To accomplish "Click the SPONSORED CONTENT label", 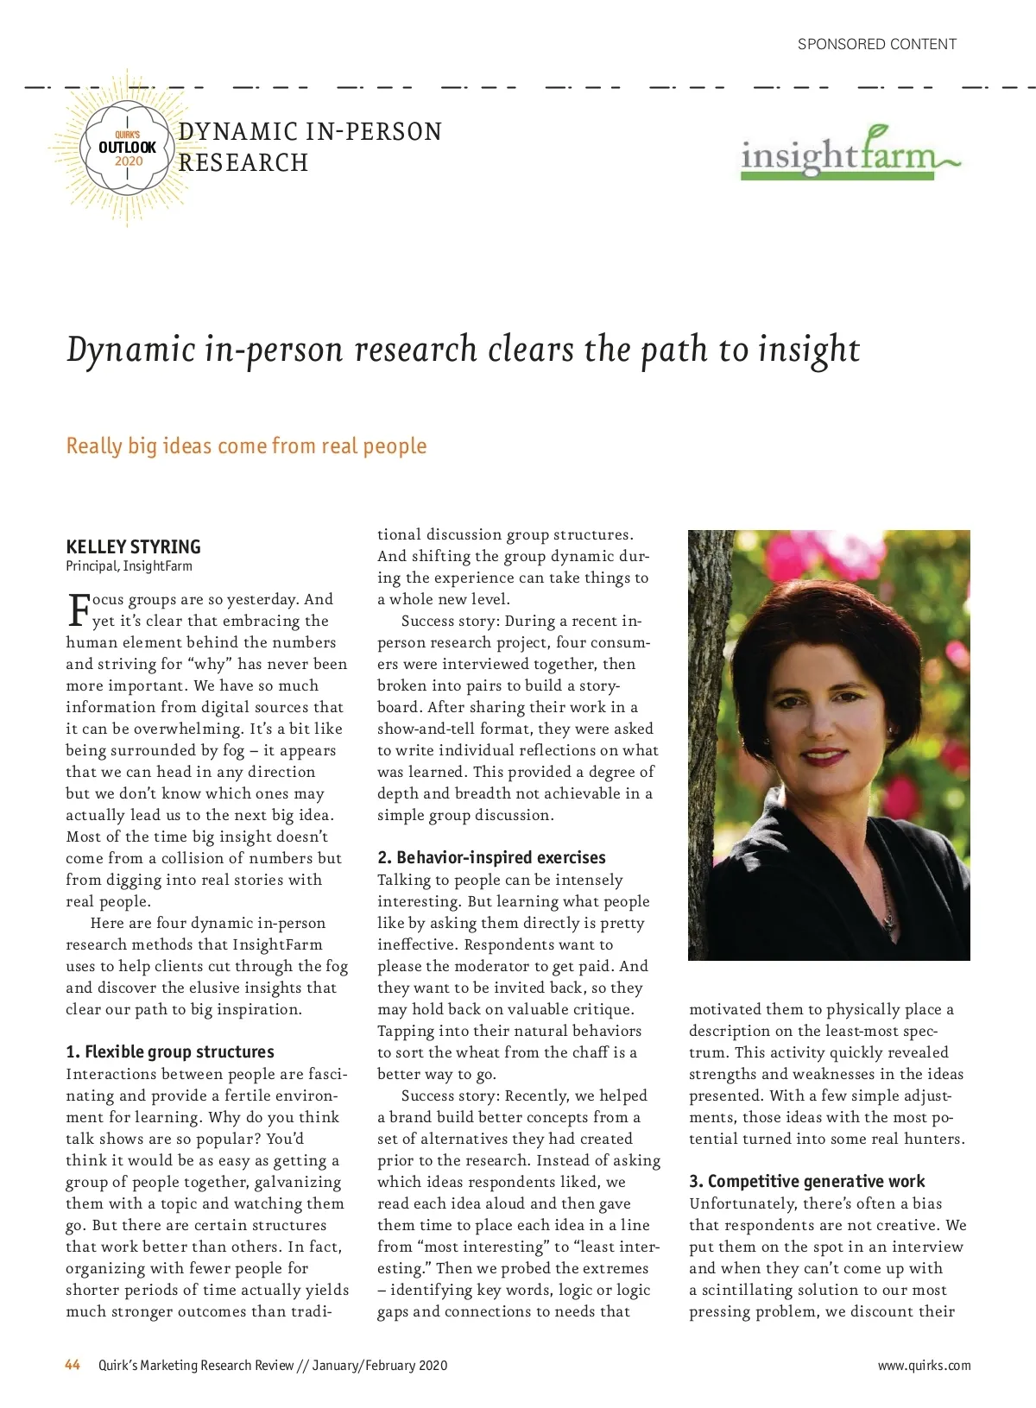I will pyautogui.click(x=876, y=44).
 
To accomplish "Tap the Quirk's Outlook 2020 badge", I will pyautogui.click(x=128, y=148).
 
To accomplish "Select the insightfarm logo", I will pyautogui.click(x=850, y=155).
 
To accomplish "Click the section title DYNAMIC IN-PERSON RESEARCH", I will pyautogui.click(x=309, y=147).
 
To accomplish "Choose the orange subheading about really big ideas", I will pyautogui.click(x=246, y=445).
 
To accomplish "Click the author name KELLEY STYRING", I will pyautogui.click(x=133, y=546).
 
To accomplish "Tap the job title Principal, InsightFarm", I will pyautogui.click(x=129, y=566).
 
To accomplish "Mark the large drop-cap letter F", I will pyautogui.click(x=79, y=609).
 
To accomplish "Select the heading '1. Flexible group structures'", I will pyautogui.click(x=170, y=1051).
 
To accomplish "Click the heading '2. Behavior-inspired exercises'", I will pyautogui.click(x=491, y=857).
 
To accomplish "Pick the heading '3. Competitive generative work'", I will pyautogui.click(x=806, y=1181).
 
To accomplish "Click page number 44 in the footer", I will pyautogui.click(x=73, y=1365).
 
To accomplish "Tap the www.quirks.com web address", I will pyautogui.click(x=924, y=1366).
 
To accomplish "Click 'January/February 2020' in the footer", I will pyautogui.click(x=380, y=1366).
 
